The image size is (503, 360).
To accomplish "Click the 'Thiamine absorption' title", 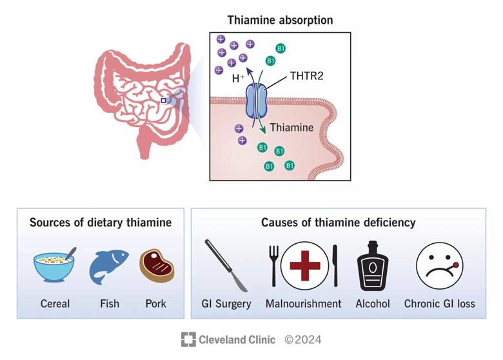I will (x=280, y=20).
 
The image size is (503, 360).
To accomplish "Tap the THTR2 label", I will (x=308, y=75).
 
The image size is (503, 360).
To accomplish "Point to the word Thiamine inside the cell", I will (x=291, y=127).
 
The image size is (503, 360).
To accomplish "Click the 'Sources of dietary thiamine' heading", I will (x=101, y=223).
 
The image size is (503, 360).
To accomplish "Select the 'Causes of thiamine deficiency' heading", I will (x=338, y=223).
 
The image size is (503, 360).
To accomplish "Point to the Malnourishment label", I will (x=303, y=303).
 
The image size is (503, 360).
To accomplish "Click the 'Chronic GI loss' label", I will (x=439, y=303).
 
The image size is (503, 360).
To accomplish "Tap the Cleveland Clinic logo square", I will (x=188, y=339).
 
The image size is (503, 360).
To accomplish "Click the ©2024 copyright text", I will (x=302, y=339).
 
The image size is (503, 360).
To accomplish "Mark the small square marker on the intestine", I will (x=164, y=101).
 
